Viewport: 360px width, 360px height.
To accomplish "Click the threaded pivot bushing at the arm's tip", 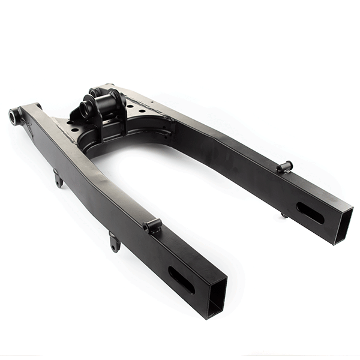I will (x=13, y=115).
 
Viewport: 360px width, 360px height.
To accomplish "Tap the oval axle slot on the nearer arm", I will (x=181, y=280).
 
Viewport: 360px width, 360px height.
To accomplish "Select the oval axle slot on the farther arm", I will (x=310, y=213).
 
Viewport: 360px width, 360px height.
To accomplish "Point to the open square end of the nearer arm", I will (x=217, y=296).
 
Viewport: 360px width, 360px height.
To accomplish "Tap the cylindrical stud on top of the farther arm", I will (x=284, y=166).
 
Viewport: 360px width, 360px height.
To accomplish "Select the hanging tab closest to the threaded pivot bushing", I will (x=58, y=178).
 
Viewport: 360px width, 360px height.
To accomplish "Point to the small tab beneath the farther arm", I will (x=284, y=214).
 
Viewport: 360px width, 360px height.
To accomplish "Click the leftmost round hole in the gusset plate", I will (x=71, y=128).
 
